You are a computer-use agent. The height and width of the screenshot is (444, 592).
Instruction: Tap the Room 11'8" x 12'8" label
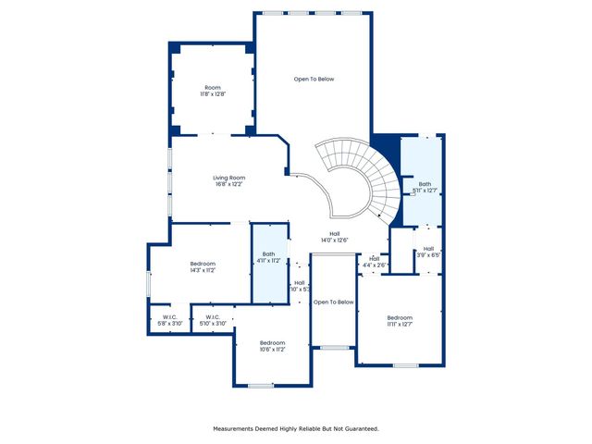(213, 91)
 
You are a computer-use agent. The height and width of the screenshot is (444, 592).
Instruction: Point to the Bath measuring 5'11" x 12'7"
(425, 187)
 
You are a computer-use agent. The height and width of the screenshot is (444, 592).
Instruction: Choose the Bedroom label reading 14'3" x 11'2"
(203, 266)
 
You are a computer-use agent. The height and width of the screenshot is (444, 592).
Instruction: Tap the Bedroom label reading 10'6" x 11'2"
(272, 346)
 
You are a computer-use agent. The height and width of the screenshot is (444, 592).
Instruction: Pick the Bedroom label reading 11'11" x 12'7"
(400, 320)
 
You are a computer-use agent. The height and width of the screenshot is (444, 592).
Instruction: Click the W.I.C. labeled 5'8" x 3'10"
(168, 319)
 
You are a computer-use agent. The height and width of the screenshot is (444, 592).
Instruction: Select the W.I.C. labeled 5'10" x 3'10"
(213, 319)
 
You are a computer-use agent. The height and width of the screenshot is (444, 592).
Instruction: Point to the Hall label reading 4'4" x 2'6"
(374, 262)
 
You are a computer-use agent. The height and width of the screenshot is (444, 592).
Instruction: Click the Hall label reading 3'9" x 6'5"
(428, 252)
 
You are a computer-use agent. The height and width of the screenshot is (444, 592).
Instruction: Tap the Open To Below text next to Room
(314, 79)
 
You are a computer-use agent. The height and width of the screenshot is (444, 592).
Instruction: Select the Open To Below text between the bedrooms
(333, 302)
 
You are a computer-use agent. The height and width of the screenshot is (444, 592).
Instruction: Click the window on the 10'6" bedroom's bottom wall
(261, 386)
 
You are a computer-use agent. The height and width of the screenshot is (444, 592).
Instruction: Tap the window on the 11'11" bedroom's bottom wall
(405, 365)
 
